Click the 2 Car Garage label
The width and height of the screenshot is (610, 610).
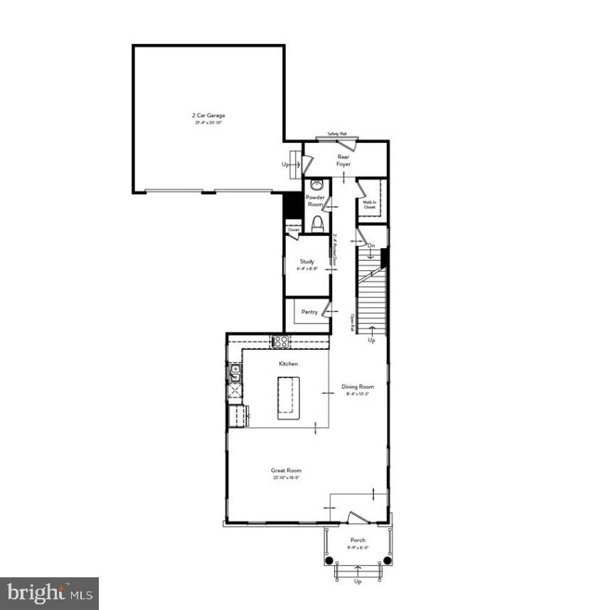[x=208, y=115]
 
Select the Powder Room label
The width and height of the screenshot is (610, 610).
[x=315, y=201]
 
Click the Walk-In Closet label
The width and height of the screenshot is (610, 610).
[x=369, y=205]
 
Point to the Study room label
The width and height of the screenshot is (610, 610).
[x=306, y=261]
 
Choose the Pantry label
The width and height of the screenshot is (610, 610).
[x=309, y=311]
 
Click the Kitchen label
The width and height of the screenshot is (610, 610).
[x=288, y=363]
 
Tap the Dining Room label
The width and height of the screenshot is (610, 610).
[x=357, y=387]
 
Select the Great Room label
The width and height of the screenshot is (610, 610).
[x=286, y=470]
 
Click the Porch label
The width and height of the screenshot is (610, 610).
[x=358, y=540]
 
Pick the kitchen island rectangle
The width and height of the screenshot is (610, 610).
[x=286, y=395]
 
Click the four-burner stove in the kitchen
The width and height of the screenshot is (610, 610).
[x=280, y=341]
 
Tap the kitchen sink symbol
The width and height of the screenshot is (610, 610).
[x=234, y=371]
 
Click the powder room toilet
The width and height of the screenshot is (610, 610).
[x=316, y=225]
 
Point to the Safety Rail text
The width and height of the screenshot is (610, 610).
[x=336, y=134]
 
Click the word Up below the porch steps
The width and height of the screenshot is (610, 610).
[x=358, y=581]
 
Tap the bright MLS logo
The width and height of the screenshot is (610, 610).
[x=49, y=593]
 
